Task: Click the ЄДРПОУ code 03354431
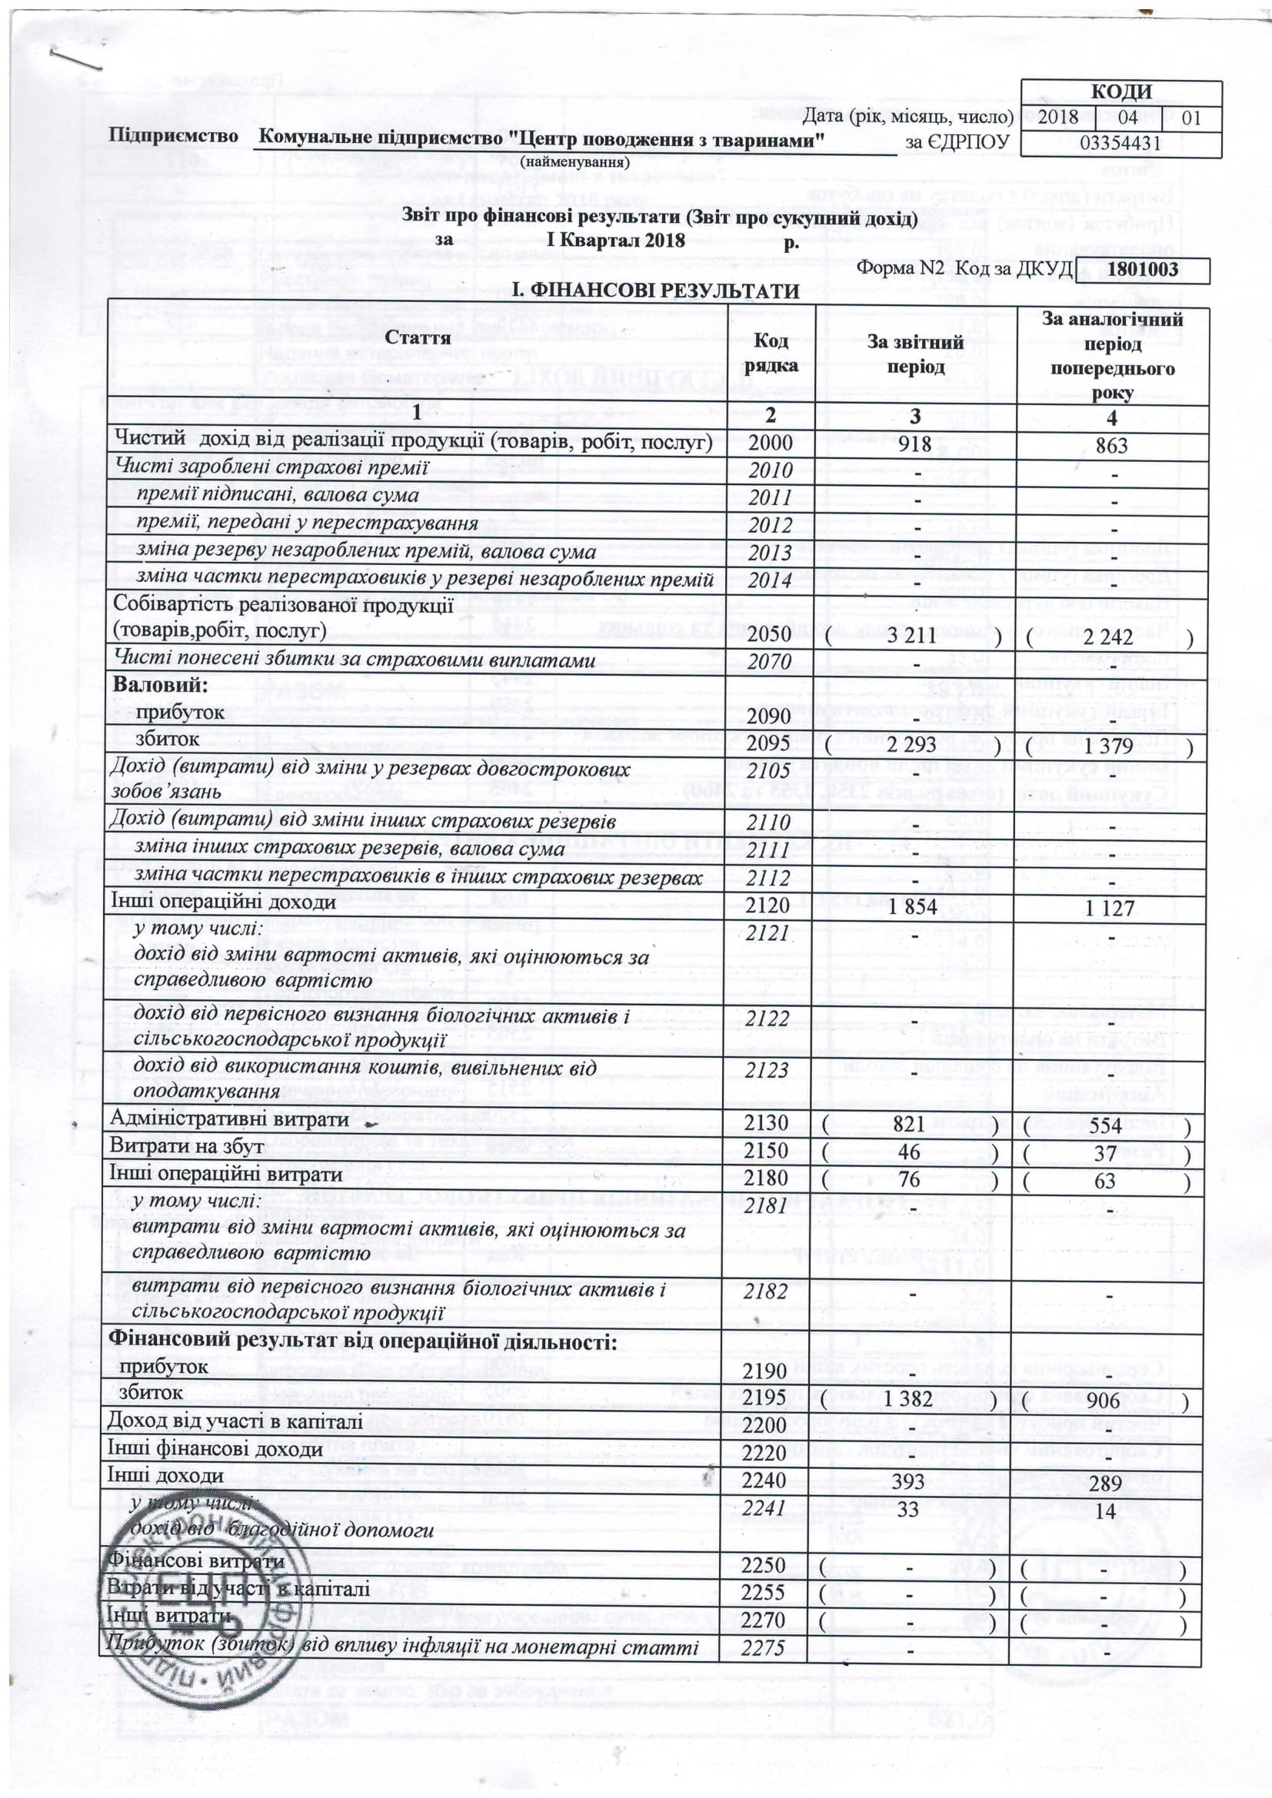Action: click(x=1120, y=143)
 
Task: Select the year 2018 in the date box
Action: click(x=1058, y=118)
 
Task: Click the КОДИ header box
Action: click(x=1120, y=92)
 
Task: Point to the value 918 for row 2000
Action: click(x=915, y=444)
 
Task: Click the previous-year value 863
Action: click(x=1111, y=446)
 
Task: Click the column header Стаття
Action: click(x=417, y=337)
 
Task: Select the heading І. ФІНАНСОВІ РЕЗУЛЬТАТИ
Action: click(x=656, y=291)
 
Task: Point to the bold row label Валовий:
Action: click(x=161, y=684)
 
